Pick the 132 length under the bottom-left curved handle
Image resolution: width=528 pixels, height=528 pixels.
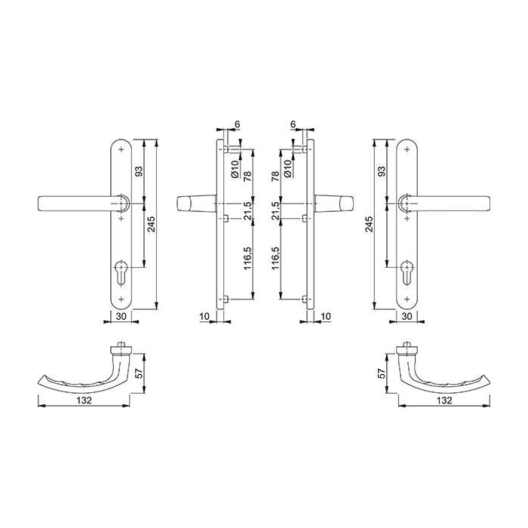click(x=84, y=401)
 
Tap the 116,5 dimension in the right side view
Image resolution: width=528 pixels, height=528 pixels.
click(x=275, y=259)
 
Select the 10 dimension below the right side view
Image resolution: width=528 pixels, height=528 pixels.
click(x=326, y=317)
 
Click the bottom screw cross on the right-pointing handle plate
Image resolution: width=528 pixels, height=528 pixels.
click(x=407, y=299)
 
